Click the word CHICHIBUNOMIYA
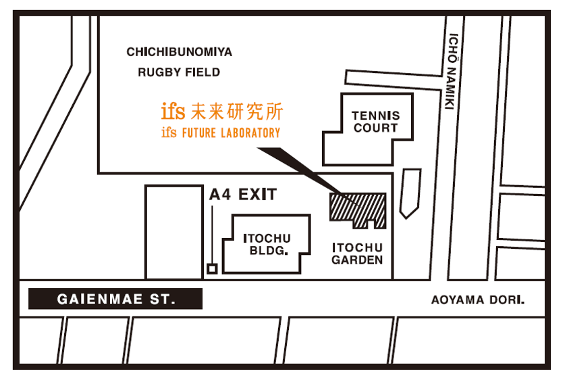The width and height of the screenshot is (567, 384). [x=180, y=52]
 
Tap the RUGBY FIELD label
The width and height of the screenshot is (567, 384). [x=179, y=72]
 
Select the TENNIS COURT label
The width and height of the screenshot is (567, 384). [x=376, y=122]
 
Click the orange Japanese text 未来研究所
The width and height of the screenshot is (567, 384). [x=237, y=112]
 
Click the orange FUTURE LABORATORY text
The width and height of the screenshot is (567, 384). [x=231, y=133]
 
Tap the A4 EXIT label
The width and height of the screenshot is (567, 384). [x=243, y=195]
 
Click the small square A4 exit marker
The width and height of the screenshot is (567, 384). [x=212, y=269]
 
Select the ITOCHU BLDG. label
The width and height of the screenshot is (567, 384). [x=267, y=245]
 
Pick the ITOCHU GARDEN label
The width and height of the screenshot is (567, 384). [x=357, y=254]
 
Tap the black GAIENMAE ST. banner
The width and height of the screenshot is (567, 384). [x=115, y=299]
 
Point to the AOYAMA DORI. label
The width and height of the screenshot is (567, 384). [x=478, y=300]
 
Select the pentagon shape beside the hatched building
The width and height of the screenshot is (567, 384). [x=410, y=193]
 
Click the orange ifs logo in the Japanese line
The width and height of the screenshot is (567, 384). [x=173, y=111]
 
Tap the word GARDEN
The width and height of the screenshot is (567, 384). [x=357, y=260]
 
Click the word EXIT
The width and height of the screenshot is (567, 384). [x=257, y=195]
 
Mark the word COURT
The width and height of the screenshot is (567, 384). [x=376, y=128]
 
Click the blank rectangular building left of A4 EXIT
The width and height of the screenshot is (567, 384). [x=174, y=232]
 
